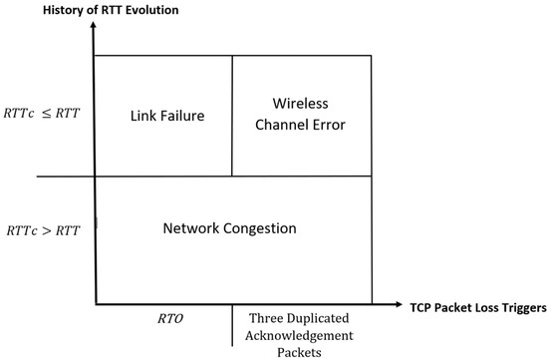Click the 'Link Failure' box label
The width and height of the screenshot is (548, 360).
(x=166, y=116)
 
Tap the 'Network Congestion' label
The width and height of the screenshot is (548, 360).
(x=229, y=228)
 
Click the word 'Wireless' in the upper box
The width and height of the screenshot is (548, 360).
(x=300, y=103)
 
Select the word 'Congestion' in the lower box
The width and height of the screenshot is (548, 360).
(x=261, y=228)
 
